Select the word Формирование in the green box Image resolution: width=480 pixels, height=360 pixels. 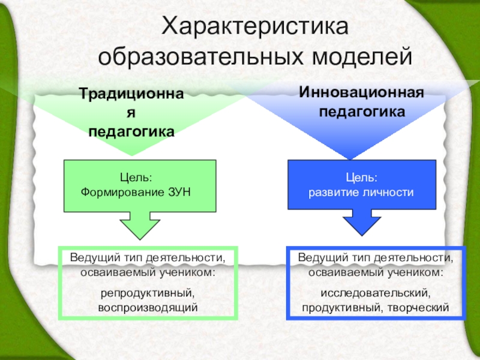pos(124,193)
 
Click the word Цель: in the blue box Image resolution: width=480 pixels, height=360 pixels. pos(361,179)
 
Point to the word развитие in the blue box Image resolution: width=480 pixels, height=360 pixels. pos(334,193)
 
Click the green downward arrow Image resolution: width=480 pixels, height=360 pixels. pos(140,224)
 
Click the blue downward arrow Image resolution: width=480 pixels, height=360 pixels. pos(361,223)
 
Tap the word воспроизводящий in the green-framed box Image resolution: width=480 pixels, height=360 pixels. pos(148,307)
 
